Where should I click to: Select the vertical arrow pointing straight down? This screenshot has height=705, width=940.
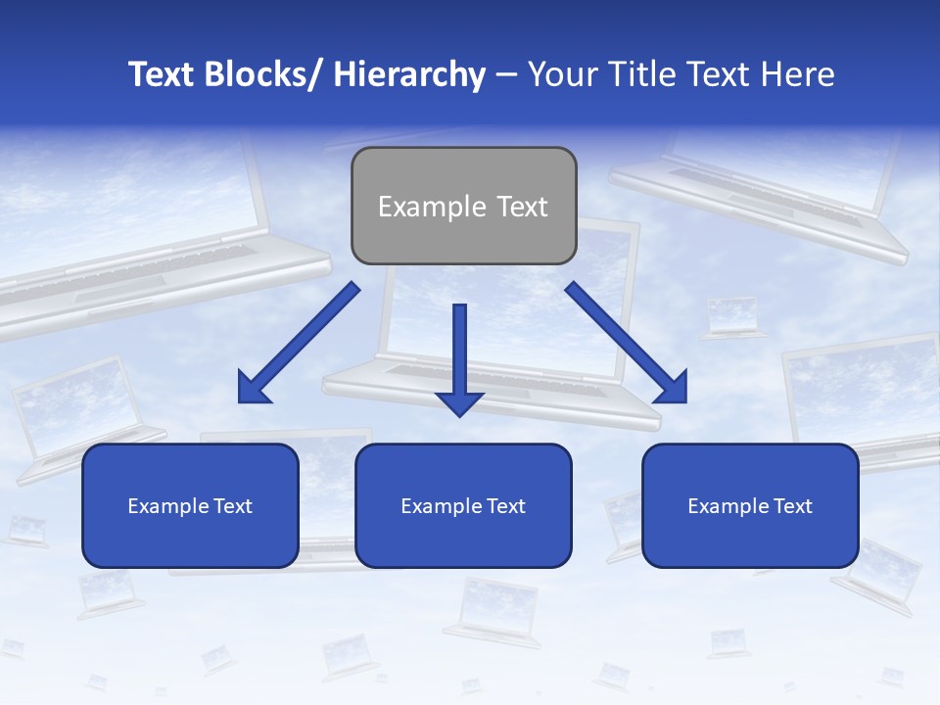click(x=459, y=352)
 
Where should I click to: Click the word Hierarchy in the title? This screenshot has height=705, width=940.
click(x=409, y=74)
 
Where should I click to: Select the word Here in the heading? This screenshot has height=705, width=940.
click(x=797, y=74)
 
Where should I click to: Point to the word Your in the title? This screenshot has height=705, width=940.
click(x=559, y=74)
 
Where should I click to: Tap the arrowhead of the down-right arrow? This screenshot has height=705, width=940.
click(x=671, y=389)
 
